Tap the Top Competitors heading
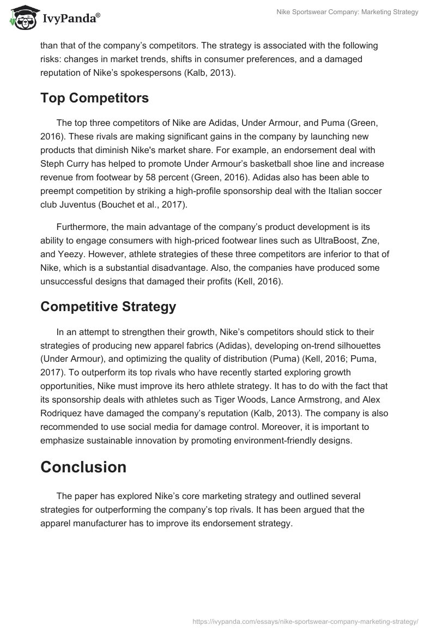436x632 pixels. (x=95, y=98)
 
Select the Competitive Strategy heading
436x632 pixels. (x=108, y=307)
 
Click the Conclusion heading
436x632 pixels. (x=83, y=467)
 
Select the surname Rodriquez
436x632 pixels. (x=63, y=414)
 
